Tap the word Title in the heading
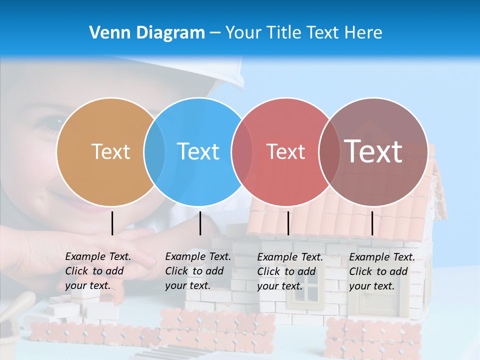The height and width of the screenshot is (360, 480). [283, 33]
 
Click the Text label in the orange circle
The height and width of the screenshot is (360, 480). [110, 151]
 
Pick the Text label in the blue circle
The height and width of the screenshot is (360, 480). [198, 151]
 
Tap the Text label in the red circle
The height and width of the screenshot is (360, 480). [285, 151]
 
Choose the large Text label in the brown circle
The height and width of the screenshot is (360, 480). [373, 151]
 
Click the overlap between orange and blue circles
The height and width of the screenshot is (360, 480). [154, 151]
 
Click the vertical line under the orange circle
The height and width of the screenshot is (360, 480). [112, 223]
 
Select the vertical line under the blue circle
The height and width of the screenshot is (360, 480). [200, 223]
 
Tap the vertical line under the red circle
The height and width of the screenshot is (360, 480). [288, 223]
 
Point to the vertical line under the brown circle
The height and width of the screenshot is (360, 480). [372, 223]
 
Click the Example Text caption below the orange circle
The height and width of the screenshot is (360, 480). [97, 271]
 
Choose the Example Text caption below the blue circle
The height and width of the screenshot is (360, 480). [197, 271]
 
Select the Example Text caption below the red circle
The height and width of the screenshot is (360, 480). [289, 271]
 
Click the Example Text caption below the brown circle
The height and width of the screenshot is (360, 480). [381, 271]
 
